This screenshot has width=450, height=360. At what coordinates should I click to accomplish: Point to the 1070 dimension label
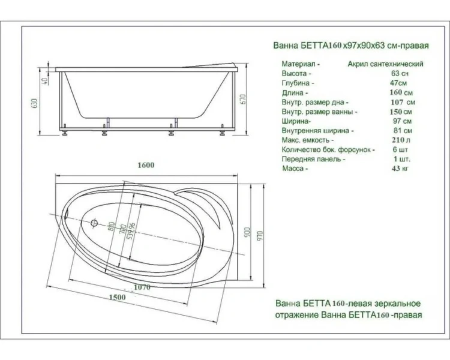pyautogui.click(x=139, y=287)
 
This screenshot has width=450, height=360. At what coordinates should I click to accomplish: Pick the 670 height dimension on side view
pyautogui.click(x=242, y=100)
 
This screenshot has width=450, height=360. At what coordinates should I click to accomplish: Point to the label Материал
pyautogui.click(x=300, y=63)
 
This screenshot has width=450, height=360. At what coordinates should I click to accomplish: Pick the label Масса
pyautogui.click(x=295, y=169)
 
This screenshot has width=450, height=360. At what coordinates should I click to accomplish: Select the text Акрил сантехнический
pyautogui.click(x=385, y=63)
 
